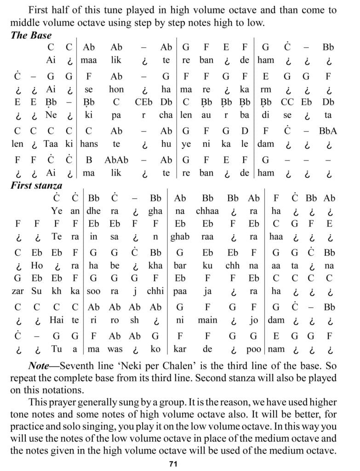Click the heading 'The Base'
click(31, 35)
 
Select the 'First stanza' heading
click(36, 186)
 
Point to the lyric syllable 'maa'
click(89, 60)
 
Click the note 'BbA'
click(328, 131)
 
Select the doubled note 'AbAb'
click(116, 161)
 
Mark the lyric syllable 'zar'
click(18, 292)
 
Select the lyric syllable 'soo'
click(93, 292)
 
